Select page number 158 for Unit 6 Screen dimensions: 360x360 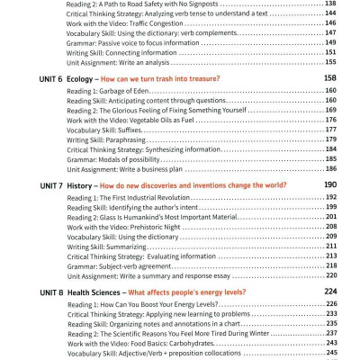[329, 78]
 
